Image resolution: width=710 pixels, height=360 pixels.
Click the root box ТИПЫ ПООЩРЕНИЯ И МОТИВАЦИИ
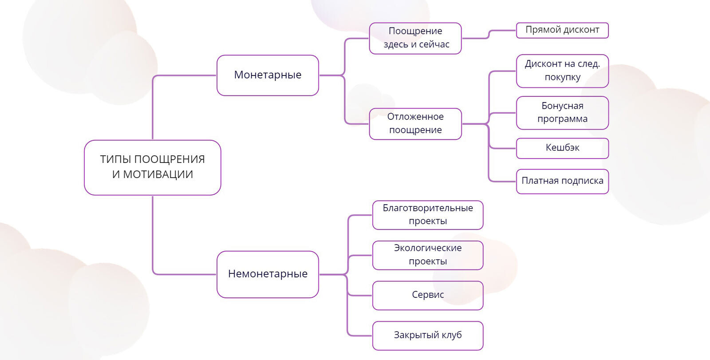pyautogui.click(x=152, y=167)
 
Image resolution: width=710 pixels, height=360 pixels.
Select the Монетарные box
pyautogui.click(x=268, y=75)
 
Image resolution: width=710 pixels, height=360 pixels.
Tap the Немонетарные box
pyautogui.click(x=268, y=274)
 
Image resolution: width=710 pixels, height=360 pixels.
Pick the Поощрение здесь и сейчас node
pyautogui.click(x=415, y=38)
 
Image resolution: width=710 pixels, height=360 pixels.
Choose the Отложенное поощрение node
pyautogui.click(x=415, y=123)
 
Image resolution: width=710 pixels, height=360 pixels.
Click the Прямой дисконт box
pyautogui.click(x=562, y=30)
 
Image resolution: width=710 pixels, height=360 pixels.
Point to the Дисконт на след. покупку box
pyautogui.click(x=562, y=71)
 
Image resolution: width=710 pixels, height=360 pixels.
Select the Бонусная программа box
pyautogui.click(x=562, y=113)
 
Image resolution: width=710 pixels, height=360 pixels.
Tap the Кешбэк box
pyautogui.click(x=562, y=148)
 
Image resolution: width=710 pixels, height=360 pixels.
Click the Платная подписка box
pyautogui.click(x=562, y=181)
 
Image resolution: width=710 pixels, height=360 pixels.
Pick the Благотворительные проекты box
pyautogui.click(x=428, y=215)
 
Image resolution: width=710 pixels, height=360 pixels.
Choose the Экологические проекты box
pyautogui.click(x=428, y=255)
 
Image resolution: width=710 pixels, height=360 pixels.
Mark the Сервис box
pyautogui.click(x=428, y=295)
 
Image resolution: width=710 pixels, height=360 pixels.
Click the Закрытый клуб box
pyautogui.click(x=428, y=335)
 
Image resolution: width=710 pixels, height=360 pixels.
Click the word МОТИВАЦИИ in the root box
pyautogui.click(x=158, y=175)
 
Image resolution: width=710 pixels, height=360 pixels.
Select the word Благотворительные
pyautogui.click(x=428, y=208)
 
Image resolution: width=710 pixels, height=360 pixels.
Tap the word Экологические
pyautogui.click(x=428, y=248)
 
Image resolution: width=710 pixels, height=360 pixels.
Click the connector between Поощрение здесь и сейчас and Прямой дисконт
pyautogui.click(x=489, y=35)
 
